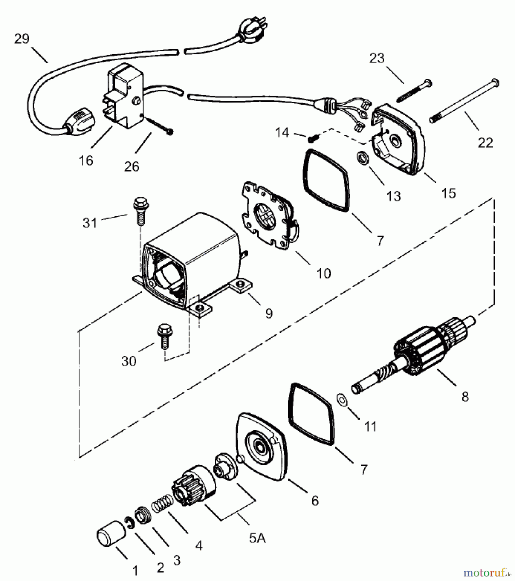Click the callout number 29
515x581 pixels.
pos(22,39)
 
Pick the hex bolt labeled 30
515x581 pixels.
pos(165,337)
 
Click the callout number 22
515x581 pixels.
pos(485,142)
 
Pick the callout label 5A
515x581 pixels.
pos(257,538)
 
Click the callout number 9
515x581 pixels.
pos(269,313)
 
